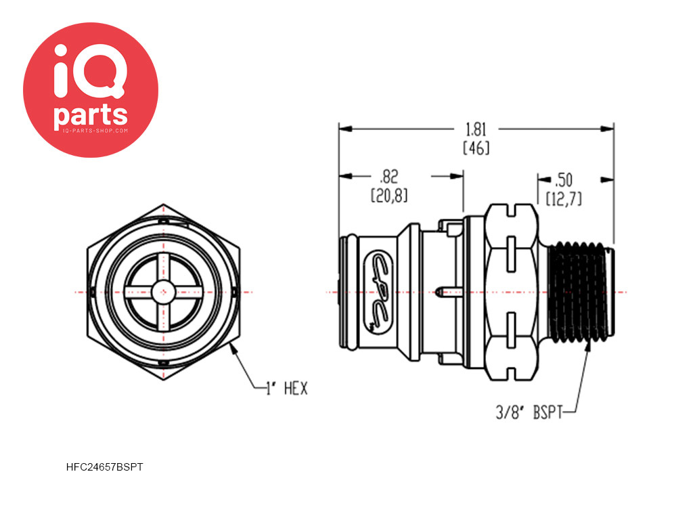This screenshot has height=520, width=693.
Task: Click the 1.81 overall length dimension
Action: coord(476,129)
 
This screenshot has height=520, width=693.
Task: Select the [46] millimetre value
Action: coord(476,148)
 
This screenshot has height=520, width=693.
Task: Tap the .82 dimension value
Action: coord(389,177)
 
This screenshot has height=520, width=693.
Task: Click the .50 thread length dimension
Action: coord(564,180)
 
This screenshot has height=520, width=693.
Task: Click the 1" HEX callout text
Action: coord(286,389)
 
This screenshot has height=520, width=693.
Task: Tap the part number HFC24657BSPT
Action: coord(104,467)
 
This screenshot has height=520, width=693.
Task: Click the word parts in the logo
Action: coord(91,115)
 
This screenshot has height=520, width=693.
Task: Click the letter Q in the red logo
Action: coord(99,71)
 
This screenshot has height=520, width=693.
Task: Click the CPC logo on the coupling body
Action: coord(379,292)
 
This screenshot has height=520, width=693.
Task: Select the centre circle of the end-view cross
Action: coord(164,292)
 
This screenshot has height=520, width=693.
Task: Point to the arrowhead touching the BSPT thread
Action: coord(588,345)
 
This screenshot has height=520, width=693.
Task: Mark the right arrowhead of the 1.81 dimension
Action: coord(607,129)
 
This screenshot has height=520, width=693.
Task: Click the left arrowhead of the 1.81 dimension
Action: coord(346,129)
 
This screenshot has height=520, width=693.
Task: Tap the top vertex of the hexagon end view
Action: coord(164,204)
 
